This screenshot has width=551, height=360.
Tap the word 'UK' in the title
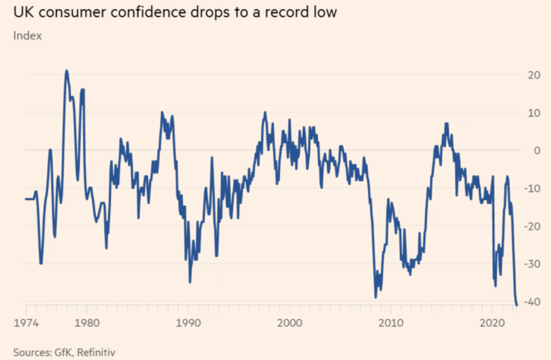point(23,13)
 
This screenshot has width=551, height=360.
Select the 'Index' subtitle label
point(27,36)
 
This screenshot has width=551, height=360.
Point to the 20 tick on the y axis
point(534,75)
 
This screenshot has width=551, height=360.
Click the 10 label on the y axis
point(534,113)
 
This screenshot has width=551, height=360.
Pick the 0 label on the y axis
point(537,150)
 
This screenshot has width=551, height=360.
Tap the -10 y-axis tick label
point(532,188)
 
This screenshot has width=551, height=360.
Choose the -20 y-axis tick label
point(532,226)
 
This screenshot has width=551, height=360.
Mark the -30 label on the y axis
point(532,264)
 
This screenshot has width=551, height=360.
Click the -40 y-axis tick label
point(532,302)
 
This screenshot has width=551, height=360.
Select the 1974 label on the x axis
point(26,323)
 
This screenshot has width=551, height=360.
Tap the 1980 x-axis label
point(87,323)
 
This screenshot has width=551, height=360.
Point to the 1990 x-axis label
point(188,323)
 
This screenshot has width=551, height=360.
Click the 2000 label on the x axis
point(290,323)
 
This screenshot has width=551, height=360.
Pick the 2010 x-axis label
point(391,323)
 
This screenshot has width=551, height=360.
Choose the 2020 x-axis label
point(492,323)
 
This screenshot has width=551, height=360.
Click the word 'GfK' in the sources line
point(63,352)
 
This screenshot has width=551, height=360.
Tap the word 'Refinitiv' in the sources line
point(96,352)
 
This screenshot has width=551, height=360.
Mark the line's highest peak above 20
point(67,71)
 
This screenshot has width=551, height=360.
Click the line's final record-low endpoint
point(517,305)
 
